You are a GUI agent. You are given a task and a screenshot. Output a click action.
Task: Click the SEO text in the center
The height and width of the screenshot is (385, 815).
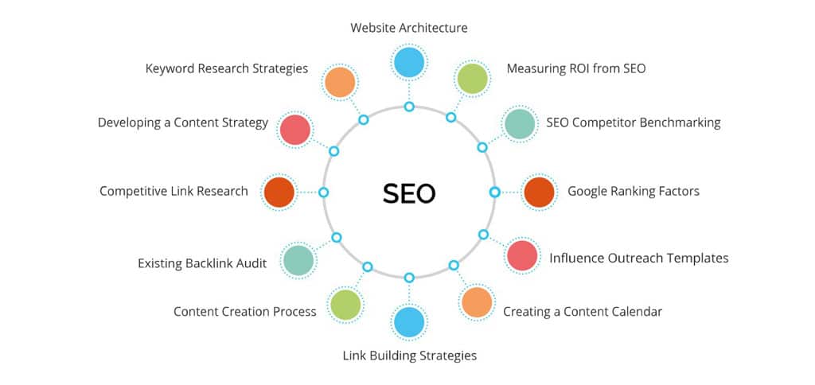(409, 193)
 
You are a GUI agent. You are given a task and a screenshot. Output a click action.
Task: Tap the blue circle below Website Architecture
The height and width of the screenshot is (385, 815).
(409, 62)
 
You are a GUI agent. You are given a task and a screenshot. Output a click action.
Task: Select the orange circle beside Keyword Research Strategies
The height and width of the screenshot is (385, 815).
(340, 82)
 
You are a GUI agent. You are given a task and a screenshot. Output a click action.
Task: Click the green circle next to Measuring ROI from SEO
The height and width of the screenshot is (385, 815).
(472, 79)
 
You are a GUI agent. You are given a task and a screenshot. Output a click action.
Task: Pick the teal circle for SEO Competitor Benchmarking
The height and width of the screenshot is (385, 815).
(519, 123)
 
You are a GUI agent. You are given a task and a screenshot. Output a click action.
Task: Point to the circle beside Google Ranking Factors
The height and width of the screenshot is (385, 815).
(540, 192)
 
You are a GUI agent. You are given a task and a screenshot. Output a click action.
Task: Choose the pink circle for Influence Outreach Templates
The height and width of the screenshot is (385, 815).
(522, 255)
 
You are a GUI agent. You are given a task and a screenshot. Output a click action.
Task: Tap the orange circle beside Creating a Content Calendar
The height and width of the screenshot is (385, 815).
(477, 302)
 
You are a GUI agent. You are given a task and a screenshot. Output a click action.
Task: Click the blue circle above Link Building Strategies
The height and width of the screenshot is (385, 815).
(409, 323)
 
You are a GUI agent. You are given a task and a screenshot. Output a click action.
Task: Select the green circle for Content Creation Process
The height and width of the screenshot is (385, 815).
(345, 305)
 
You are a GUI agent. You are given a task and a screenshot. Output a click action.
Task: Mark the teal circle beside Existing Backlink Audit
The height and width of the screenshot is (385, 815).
(298, 260)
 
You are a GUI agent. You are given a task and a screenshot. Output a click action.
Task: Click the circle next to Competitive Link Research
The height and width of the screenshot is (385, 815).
(279, 192)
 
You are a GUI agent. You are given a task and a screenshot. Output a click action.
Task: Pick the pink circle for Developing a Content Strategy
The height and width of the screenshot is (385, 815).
(295, 130)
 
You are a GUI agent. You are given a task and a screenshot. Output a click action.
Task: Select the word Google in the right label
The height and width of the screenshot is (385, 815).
(586, 192)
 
